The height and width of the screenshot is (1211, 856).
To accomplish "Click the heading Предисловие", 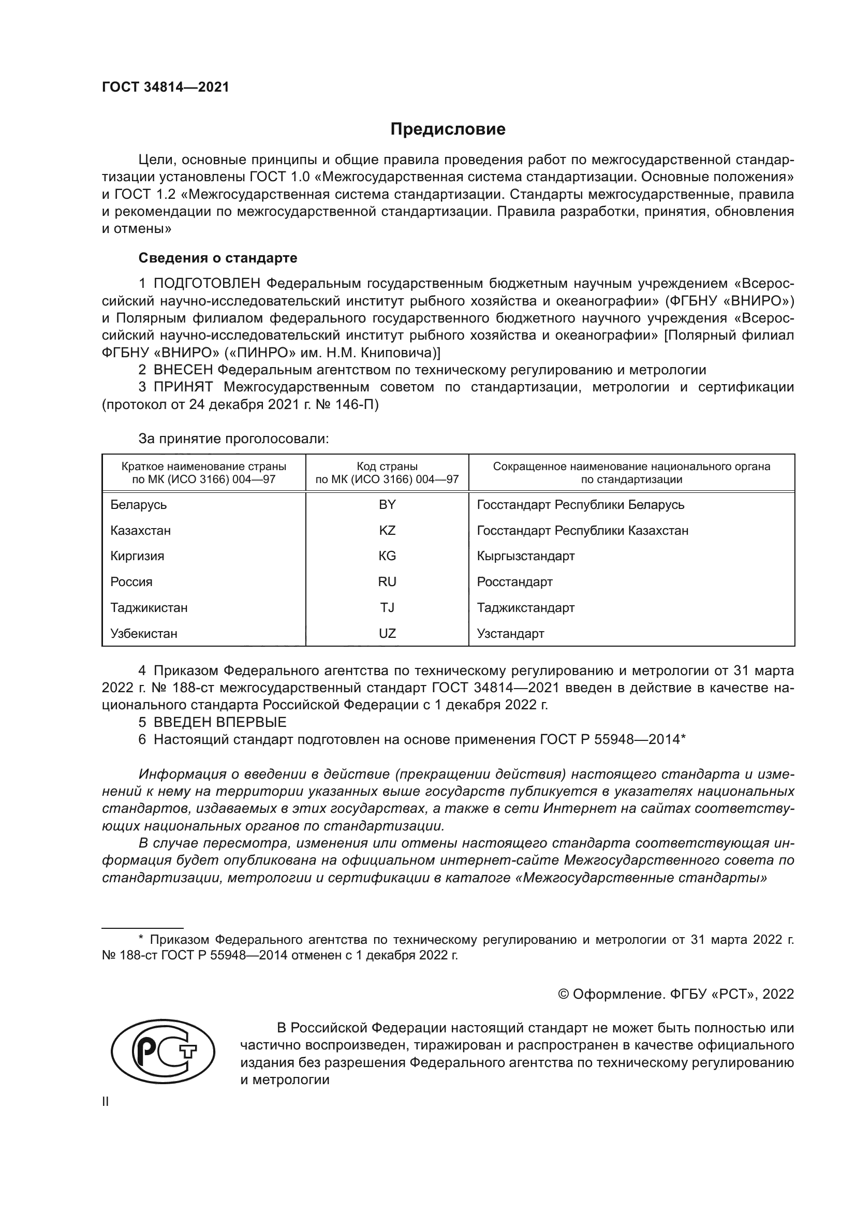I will click(448, 129).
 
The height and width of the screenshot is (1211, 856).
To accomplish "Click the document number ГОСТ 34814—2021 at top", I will click(166, 87).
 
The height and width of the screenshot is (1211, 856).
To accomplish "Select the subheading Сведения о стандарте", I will click(218, 258).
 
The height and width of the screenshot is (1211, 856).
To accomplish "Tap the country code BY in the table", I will click(387, 505).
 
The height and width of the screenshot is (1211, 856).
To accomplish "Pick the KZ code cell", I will click(387, 531).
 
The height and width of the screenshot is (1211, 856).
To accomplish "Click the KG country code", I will click(387, 556).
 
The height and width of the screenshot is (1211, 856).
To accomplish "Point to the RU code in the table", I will click(387, 582).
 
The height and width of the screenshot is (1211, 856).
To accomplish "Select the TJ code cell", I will click(387, 608).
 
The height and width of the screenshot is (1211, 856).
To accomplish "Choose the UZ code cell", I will click(387, 633).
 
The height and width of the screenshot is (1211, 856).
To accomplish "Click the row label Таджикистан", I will click(149, 608).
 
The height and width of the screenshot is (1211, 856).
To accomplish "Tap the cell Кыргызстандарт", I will click(525, 556).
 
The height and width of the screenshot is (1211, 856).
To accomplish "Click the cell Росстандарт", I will click(514, 582).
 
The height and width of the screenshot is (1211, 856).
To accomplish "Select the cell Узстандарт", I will click(510, 633).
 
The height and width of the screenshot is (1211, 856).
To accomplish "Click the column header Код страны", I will click(387, 467).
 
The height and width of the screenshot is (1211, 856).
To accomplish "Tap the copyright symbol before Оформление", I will click(563, 994).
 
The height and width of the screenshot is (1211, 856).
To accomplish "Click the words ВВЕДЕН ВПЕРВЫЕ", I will click(220, 722).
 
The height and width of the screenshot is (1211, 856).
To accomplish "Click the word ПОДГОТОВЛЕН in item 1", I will click(206, 284).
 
